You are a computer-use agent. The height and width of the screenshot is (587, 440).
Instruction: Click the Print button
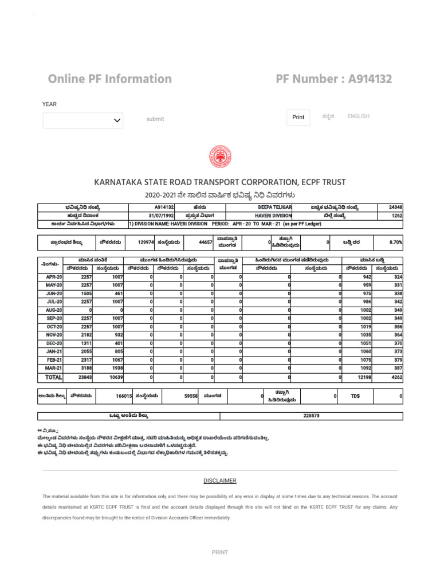(x=298, y=117)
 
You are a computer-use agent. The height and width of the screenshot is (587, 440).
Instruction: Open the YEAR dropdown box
(x=82, y=120)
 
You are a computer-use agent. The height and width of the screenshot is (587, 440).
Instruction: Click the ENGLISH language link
(x=358, y=116)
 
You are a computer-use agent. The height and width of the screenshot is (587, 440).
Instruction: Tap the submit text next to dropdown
(x=155, y=119)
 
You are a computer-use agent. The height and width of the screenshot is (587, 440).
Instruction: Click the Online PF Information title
(x=109, y=79)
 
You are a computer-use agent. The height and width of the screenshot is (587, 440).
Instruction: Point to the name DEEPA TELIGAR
(x=276, y=207)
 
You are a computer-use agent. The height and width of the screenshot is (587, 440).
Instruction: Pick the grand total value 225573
(x=311, y=416)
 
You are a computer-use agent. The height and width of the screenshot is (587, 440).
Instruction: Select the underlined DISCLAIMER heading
(x=220, y=480)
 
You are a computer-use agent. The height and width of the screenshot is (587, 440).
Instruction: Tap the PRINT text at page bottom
(x=220, y=553)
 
